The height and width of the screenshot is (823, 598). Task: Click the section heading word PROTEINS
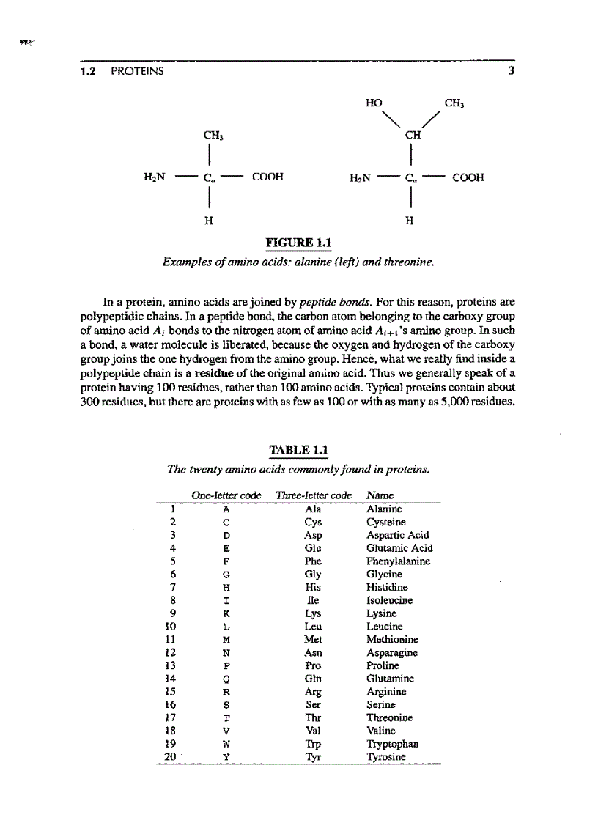coord(138,71)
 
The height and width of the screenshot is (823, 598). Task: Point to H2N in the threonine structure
coord(364,177)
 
